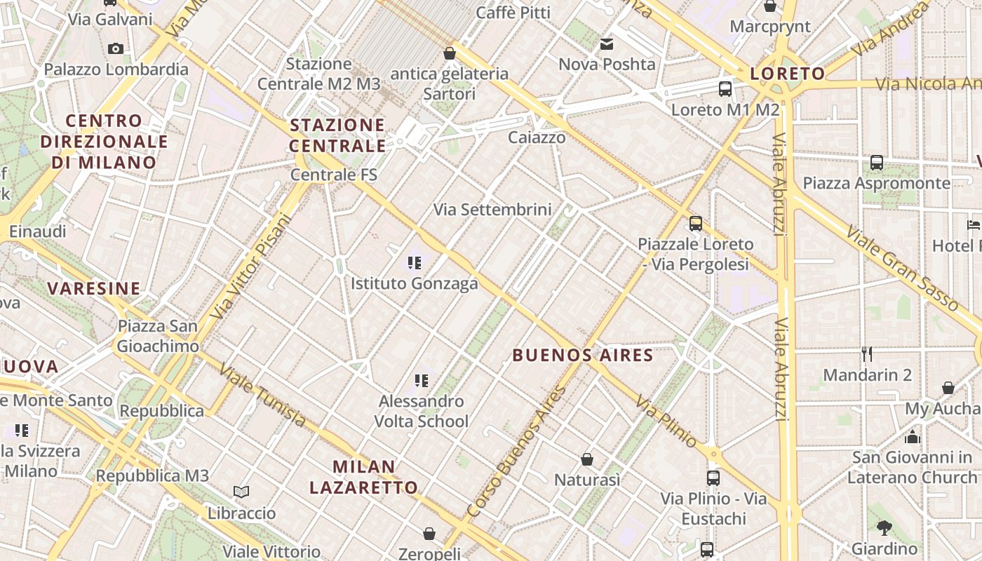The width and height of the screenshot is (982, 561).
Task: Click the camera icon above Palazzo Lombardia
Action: click(116, 48)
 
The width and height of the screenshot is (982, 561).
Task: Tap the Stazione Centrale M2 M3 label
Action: click(318, 74)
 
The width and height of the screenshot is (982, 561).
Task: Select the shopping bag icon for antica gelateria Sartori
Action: click(450, 53)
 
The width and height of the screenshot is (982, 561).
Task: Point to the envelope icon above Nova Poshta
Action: click(607, 45)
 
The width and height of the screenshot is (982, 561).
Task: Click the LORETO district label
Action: click(787, 74)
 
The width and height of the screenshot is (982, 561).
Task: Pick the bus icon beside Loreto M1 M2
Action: click(725, 89)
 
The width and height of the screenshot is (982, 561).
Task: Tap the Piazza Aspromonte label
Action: click(876, 183)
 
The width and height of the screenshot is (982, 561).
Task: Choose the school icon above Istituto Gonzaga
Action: click(415, 263)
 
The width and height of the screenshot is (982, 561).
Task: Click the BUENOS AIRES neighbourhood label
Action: click(582, 355)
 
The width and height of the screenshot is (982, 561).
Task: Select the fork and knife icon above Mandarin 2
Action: click(867, 354)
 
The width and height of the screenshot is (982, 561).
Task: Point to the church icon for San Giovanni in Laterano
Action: click(912, 437)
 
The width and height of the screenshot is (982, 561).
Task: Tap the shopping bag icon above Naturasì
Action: click(587, 459)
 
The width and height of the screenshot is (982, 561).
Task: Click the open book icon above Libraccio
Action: click(241, 492)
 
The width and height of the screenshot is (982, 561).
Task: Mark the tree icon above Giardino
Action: click(884, 527)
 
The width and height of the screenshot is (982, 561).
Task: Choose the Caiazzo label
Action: click(537, 137)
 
